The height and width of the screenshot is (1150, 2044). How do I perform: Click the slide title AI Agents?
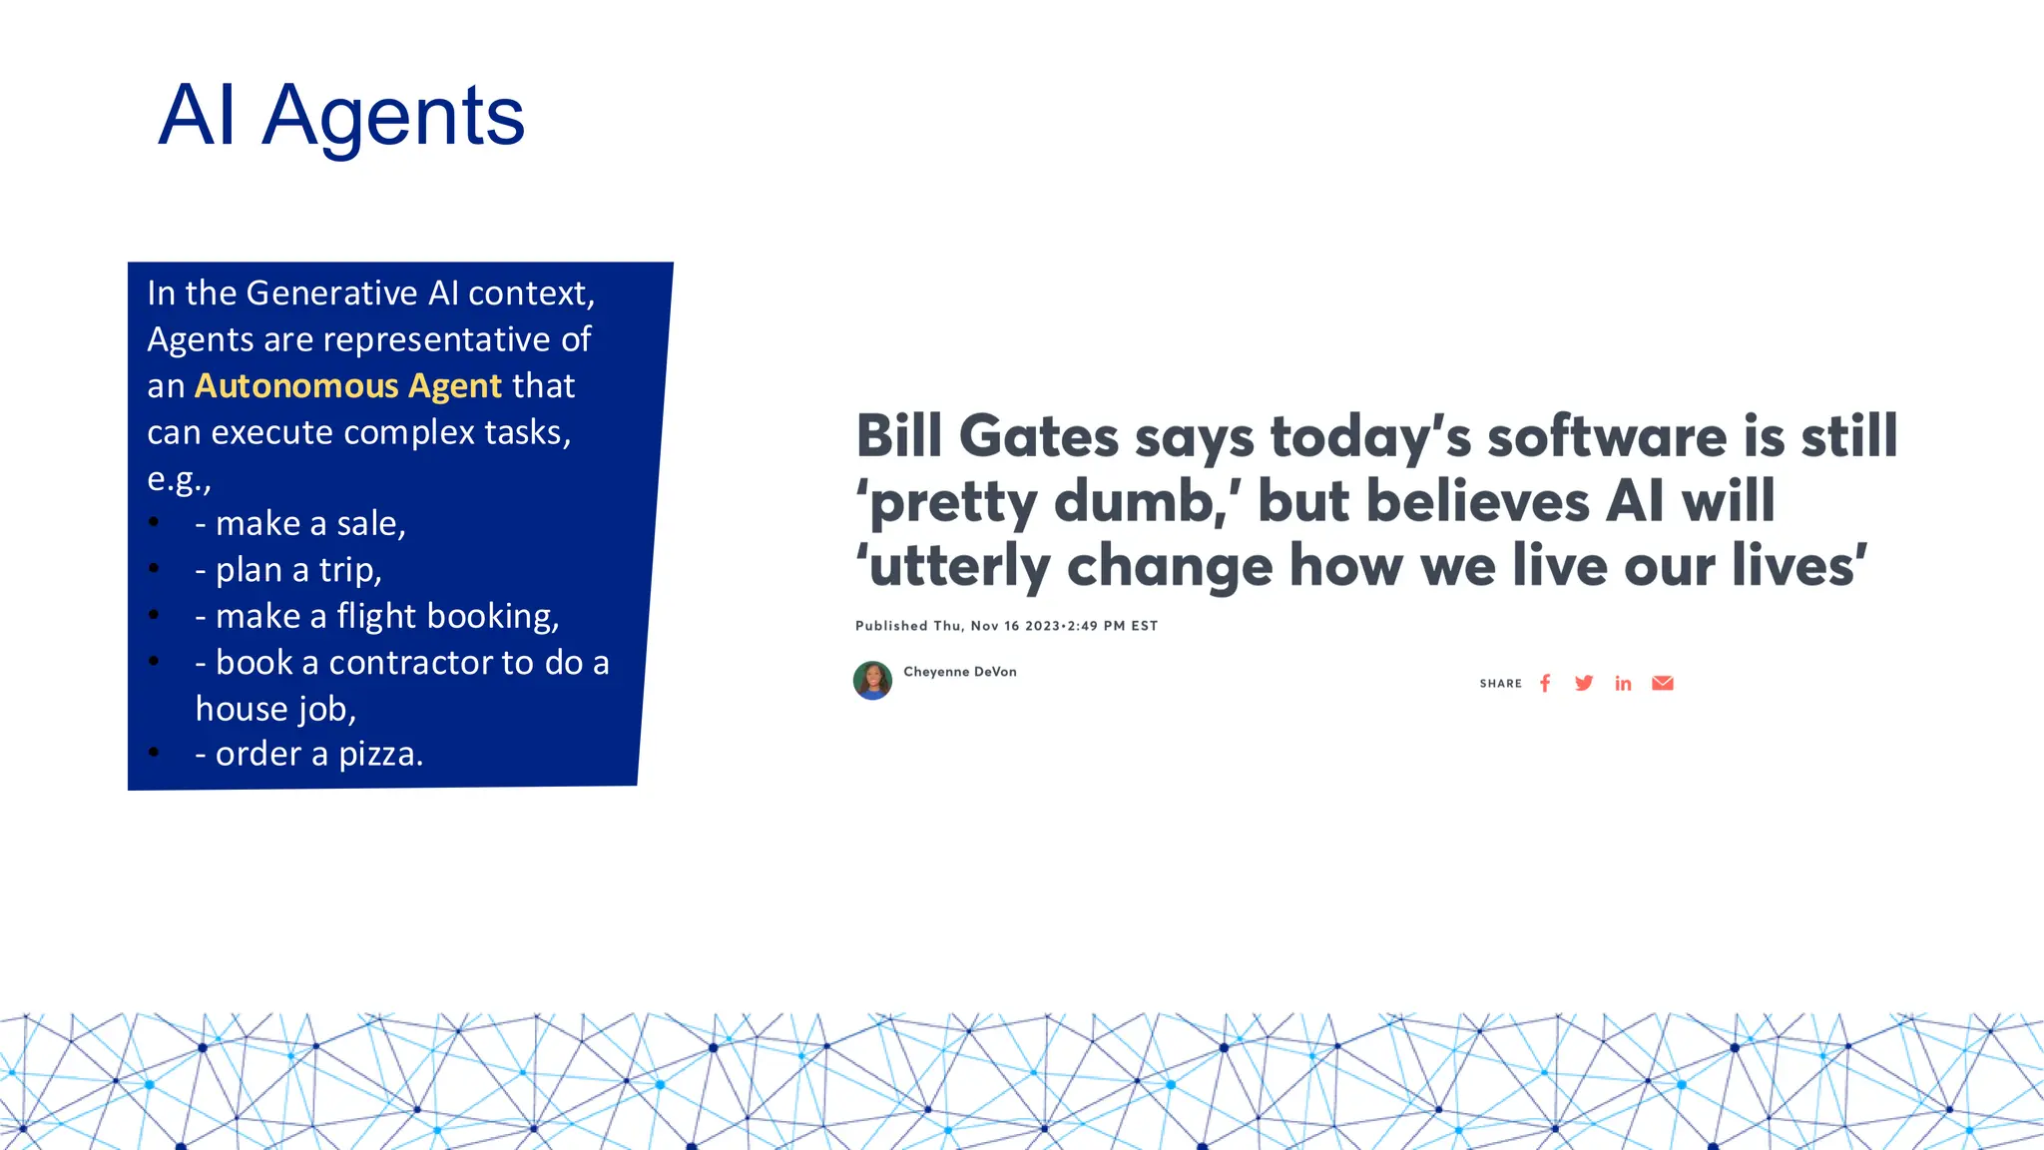click(x=341, y=117)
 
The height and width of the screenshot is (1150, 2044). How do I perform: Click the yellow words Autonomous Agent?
click(x=347, y=386)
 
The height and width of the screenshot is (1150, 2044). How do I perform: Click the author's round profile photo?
click(x=872, y=681)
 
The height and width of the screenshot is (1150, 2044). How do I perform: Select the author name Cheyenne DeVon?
click(x=960, y=672)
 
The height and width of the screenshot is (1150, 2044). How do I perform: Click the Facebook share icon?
click(x=1545, y=684)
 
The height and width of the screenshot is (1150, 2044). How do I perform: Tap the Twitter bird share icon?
click(x=1584, y=684)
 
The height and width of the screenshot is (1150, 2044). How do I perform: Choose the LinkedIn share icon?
click(x=1623, y=684)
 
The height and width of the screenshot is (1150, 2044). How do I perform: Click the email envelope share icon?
click(x=1662, y=684)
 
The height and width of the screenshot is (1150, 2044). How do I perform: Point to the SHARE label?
click(x=1500, y=684)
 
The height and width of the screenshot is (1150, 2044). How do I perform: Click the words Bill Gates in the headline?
click(x=987, y=437)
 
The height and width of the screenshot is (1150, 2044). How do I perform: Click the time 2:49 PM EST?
click(x=1112, y=626)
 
